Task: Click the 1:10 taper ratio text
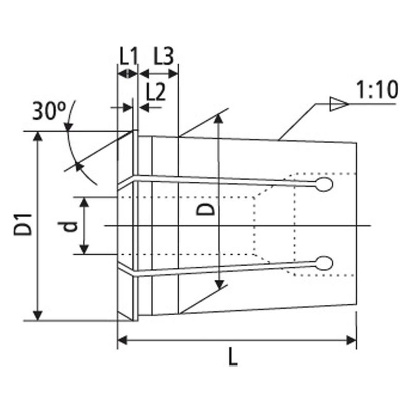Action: click(376, 91)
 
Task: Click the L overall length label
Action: click(233, 357)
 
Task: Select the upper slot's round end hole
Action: click(325, 185)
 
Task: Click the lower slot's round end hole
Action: click(324, 263)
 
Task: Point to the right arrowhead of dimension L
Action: click(352, 340)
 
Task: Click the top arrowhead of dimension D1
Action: click(38, 136)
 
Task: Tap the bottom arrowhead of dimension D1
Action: click(38, 315)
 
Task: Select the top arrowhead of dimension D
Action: click(220, 119)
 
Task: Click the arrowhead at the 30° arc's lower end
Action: click(78, 165)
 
